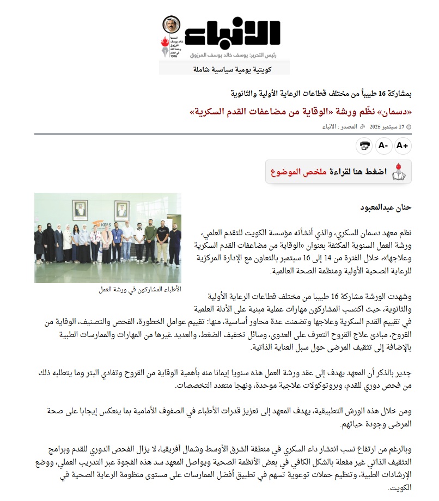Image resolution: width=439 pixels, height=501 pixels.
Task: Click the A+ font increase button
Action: coord(402,145)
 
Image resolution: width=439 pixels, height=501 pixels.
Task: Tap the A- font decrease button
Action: coord(383,145)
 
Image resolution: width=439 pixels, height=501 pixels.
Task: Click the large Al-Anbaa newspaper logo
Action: coord(233,35)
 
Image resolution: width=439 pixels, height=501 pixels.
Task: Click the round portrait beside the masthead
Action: coord(171,25)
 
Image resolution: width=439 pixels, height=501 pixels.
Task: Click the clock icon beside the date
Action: coord(409,127)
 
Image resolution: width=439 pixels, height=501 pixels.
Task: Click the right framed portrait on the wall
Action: coord(121,210)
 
